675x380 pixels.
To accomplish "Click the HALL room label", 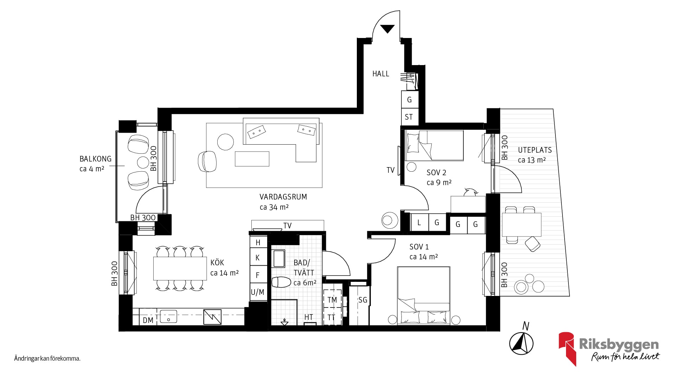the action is click(381, 74).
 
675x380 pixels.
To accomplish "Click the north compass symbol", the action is click(522, 343).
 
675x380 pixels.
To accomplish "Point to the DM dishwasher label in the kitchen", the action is click(148, 320).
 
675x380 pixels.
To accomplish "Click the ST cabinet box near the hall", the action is click(410, 117).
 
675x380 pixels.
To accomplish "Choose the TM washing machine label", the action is click(332, 300).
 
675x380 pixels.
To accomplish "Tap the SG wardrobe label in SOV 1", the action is click(362, 300).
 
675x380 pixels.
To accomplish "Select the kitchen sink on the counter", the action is click(168, 316).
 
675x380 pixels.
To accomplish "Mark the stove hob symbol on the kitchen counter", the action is click(212, 317).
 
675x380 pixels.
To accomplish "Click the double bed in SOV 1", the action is click(424, 296).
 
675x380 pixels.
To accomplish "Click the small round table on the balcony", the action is click(143, 163).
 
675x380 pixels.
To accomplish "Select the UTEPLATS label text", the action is click(535, 150).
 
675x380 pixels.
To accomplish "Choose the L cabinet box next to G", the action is click(419, 222).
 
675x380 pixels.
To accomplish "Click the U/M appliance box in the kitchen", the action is click(258, 292).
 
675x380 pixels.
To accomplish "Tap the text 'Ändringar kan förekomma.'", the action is click(47, 359).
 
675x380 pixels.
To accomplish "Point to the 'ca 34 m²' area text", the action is click(274, 207).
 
